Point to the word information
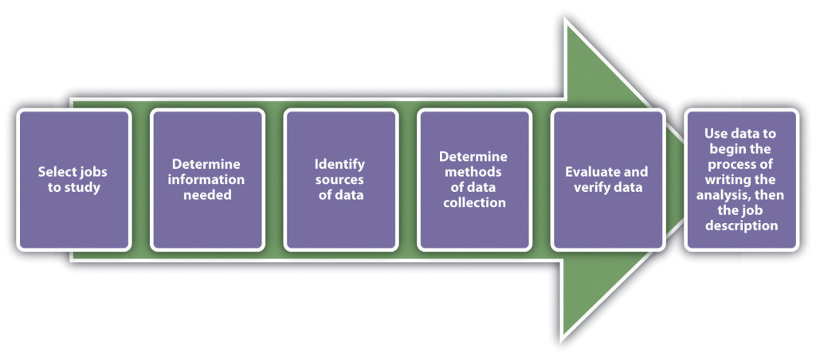(x=207, y=179)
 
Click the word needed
(x=207, y=194)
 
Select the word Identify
(x=339, y=164)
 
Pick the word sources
(x=339, y=179)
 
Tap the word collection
(x=473, y=202)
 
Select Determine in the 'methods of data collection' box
(x=473, y=157)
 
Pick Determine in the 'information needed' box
(x=207, y=164)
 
